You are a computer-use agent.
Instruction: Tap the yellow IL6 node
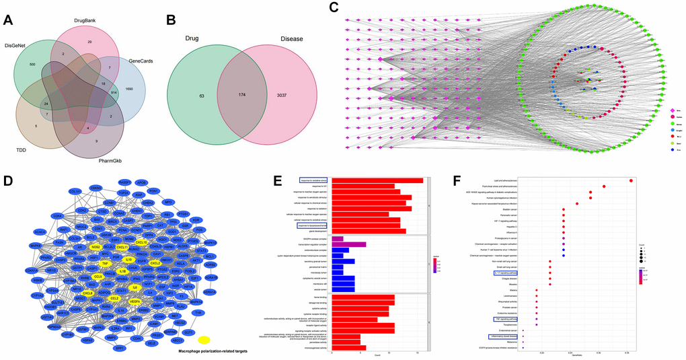[135, 288]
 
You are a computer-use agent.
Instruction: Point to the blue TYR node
[197, 313]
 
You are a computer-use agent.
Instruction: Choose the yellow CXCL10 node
[141, 242]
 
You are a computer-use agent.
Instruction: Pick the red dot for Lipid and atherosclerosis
[630, 180]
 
